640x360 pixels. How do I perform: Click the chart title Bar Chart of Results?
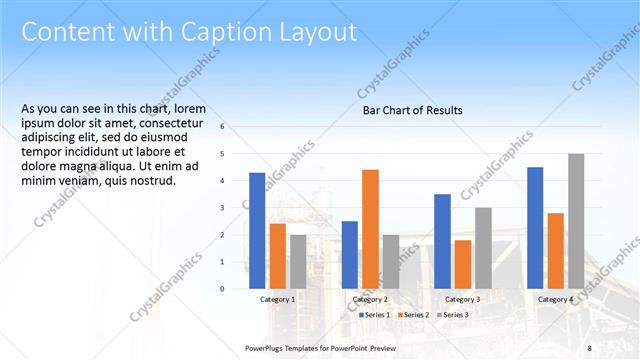pos(412,111)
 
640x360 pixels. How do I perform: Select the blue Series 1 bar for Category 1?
pos(257,230)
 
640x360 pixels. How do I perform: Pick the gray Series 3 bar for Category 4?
pos(576,221)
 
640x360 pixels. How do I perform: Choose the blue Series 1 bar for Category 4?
pos(535,227)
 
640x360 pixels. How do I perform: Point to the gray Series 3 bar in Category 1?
pos(299,261)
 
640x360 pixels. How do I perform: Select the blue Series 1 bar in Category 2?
pos(349,254)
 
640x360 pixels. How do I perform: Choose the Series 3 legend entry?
pos(452,315)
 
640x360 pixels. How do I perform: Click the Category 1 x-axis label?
pos(278,299)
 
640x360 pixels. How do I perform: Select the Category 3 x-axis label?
pos(463,299)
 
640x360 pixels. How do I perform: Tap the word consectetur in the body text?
pos(179,123)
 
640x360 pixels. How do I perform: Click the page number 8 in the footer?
pos(589,347)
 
